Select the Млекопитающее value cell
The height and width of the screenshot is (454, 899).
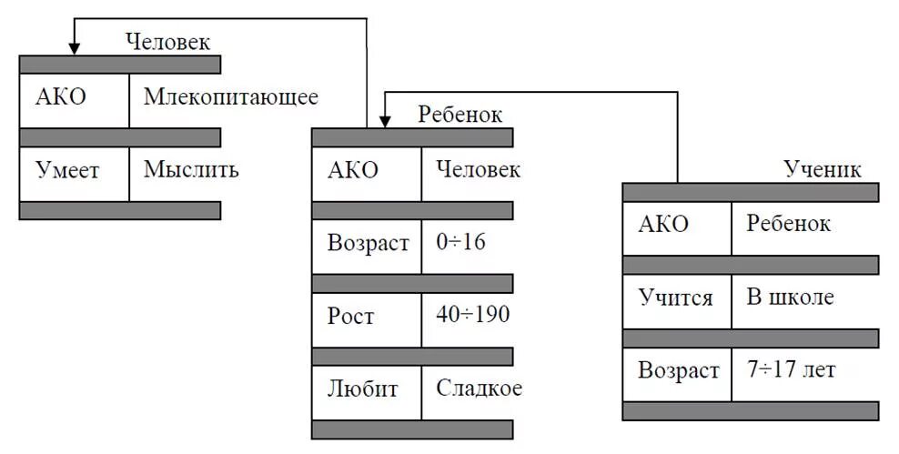point(230,97)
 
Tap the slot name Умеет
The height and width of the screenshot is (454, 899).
point(67,169)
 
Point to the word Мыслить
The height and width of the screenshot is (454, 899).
point(191,169)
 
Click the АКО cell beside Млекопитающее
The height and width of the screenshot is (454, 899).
point(61,97)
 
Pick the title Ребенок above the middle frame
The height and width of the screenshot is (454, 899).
point(460,115)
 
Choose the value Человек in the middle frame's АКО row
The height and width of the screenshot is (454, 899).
point(478,170)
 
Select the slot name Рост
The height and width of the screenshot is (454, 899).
point(350,316)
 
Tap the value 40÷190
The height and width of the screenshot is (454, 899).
point(472,316)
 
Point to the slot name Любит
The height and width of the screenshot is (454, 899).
point(362,388)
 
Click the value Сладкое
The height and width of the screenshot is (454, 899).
point(479,388)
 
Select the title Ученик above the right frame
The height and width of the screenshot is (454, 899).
point(823,169)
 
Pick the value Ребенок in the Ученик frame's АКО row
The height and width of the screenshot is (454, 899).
point(788,224)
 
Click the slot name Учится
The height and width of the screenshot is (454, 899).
point(674,298)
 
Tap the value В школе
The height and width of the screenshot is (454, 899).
point(790,298)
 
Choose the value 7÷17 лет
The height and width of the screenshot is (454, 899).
point(791,370)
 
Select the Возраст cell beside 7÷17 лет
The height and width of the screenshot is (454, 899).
point(678,370)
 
